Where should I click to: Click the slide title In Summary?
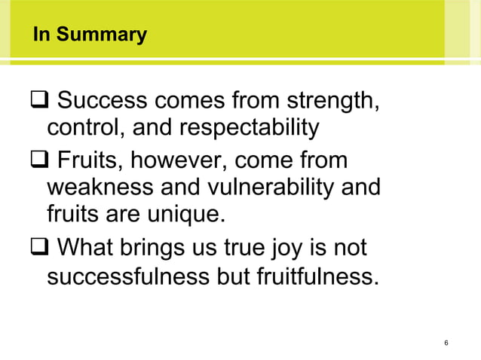[x=90, y=35]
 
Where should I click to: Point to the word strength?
[x=331, y=100]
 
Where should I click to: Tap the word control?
[x=85, y=129]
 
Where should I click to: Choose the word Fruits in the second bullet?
[x=84, y=162]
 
